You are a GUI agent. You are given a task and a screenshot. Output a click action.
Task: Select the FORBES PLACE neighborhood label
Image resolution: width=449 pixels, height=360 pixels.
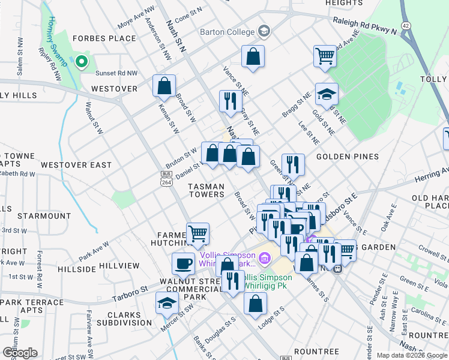coord(104,38)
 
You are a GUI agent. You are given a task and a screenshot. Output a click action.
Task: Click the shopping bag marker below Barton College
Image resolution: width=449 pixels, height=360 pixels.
coord(253,57)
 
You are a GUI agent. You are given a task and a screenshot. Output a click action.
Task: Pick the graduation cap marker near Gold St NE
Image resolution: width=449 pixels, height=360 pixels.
coord(327,94)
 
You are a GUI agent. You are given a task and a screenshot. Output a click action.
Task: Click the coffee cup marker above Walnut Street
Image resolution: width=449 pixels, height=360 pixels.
coord(184,263)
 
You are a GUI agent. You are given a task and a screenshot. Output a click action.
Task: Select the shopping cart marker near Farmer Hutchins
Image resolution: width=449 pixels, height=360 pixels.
coord(197,233)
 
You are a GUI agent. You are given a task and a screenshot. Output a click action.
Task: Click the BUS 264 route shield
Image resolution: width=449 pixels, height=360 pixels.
coord(166,178)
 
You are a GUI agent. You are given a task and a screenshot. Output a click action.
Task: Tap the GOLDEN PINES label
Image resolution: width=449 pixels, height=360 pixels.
coord(348,157)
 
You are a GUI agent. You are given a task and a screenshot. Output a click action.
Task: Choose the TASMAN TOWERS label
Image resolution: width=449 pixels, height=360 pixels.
coord(206,190)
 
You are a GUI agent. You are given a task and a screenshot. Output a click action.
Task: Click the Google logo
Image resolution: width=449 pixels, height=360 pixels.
coord(19,352)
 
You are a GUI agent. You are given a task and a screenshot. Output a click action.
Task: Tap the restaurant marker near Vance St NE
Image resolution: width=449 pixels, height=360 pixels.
coord(230,101)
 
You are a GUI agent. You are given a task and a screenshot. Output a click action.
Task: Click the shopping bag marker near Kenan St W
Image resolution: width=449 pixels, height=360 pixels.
coord(164,86)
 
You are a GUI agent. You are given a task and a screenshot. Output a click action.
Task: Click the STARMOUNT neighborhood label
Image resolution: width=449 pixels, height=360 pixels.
coord(44,215)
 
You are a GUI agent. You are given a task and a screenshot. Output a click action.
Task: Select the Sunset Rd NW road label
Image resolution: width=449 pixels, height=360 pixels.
coord(118,73)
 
